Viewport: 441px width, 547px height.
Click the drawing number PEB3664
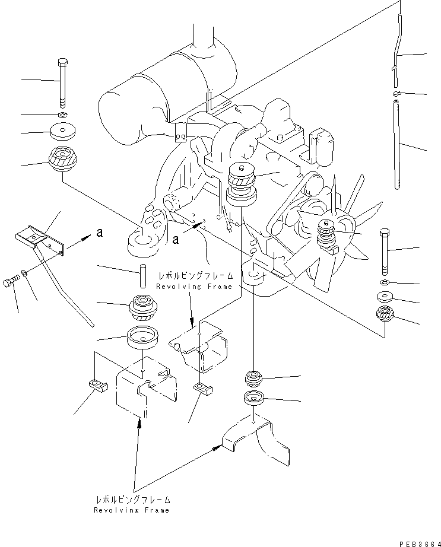415,540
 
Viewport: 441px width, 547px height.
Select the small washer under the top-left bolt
63,114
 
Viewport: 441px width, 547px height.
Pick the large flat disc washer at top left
63,131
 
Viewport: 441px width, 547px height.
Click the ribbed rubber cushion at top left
62,158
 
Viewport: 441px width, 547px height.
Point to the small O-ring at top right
398,93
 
